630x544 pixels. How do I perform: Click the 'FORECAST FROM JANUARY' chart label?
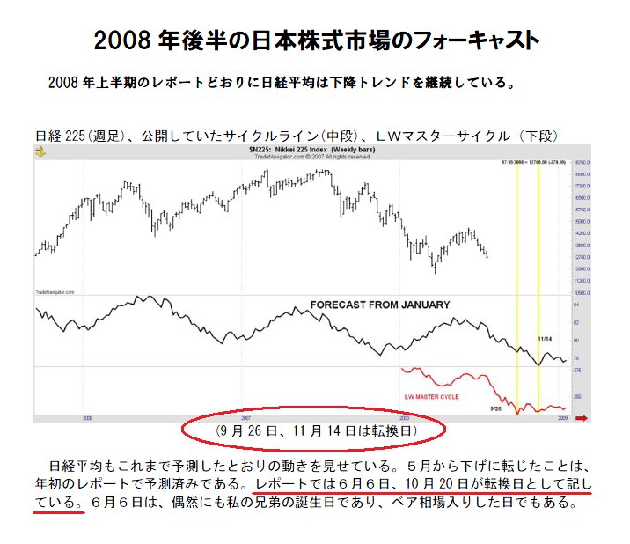coord(379,305)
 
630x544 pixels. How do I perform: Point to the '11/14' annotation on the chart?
coord(545,338)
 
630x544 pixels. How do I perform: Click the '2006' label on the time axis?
coord(86,418)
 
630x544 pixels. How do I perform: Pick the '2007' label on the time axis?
coord(247,418)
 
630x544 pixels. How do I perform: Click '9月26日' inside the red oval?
coord(245,431)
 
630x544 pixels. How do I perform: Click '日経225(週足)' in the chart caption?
coord(77,136)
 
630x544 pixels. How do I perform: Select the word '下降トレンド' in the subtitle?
coord(390,84)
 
